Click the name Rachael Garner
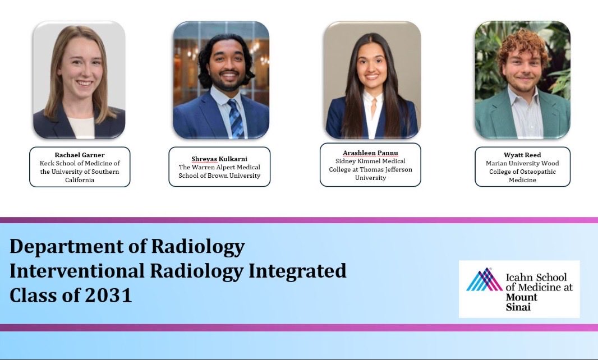coord(80,154)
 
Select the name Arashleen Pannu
coord(370,153)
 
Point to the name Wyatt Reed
coord(523,154)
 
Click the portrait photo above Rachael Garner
coord(79,80)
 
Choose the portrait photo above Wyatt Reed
coord(522,80)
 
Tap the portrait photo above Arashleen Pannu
coord(371,80)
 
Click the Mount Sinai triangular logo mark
coord(484,280)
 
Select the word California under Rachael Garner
coord(80,180)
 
